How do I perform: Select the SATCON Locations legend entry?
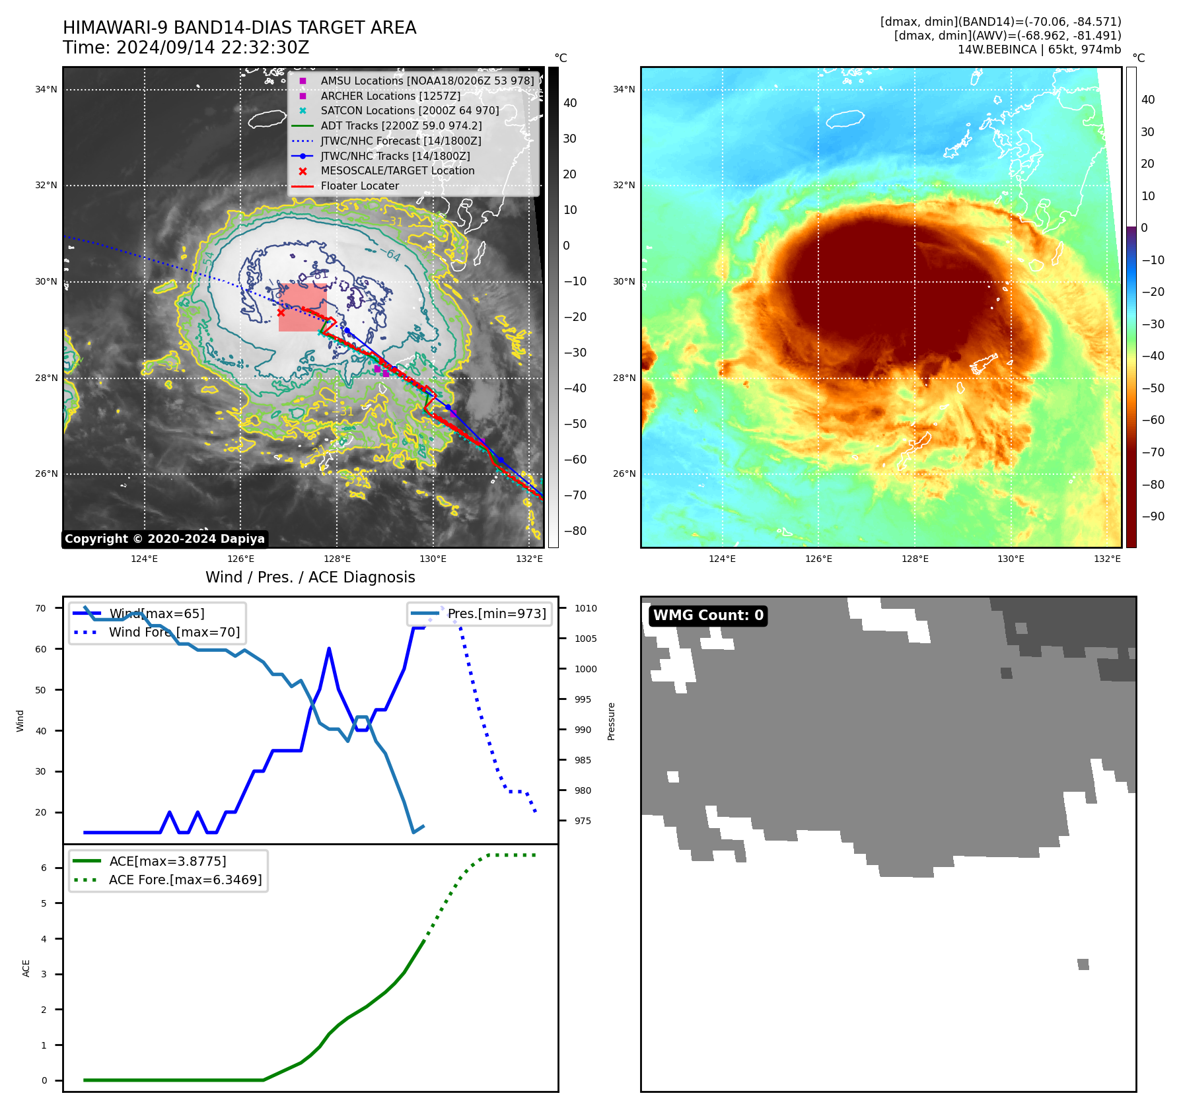410,111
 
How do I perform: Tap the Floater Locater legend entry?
359,186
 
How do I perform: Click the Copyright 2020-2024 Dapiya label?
164,539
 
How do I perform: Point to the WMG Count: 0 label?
708,615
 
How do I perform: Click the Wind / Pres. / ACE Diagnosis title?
310,577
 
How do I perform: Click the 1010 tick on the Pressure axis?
585,608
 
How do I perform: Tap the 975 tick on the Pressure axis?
583,821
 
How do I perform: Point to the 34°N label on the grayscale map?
46,90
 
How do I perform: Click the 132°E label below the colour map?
1107,559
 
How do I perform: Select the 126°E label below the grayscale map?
241,559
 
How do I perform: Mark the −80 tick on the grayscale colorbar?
575,531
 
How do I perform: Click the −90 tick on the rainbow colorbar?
1153,516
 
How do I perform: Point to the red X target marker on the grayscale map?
281,312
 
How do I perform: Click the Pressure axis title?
611,721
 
